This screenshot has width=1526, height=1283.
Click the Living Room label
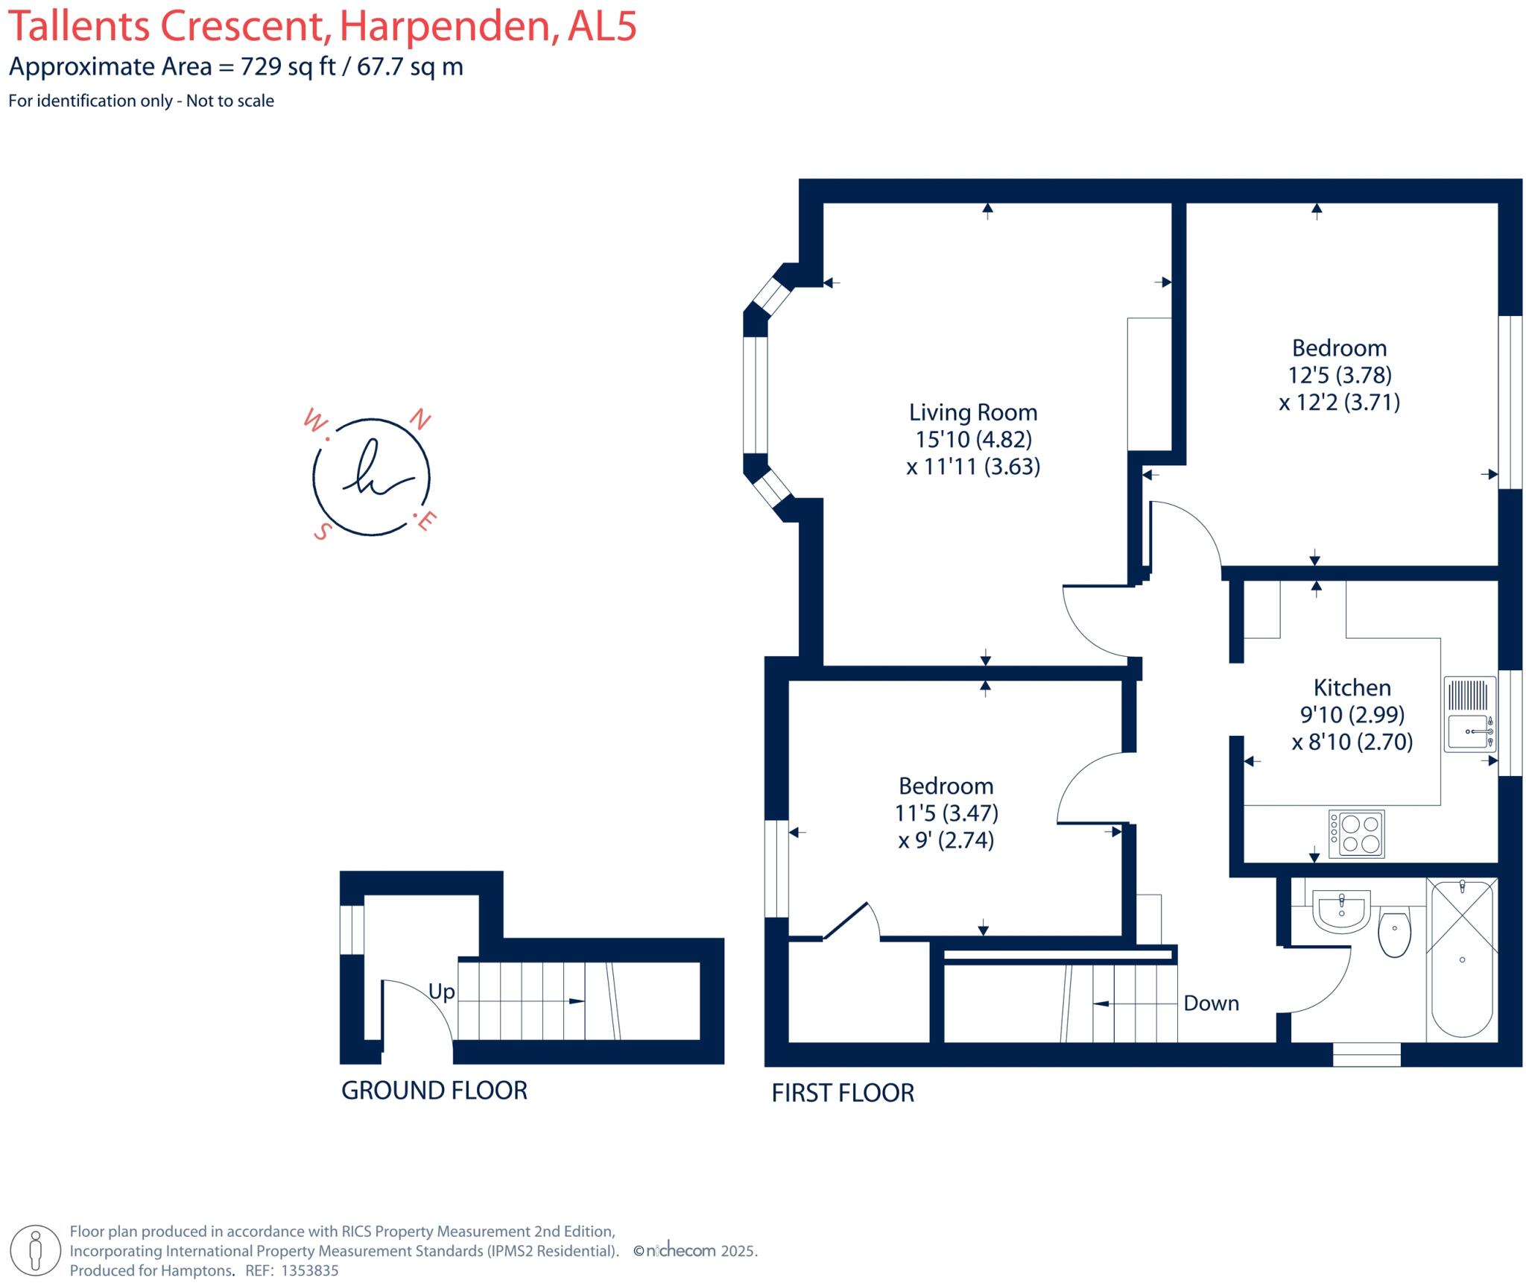point(972,412)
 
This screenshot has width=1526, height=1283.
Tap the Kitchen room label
point(1352,687)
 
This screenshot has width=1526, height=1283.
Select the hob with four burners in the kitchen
point(1361,834)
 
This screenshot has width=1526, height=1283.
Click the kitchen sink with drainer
point(1469,713)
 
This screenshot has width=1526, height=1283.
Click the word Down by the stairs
point(1211,1003)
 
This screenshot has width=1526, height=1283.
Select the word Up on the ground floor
point(441,992)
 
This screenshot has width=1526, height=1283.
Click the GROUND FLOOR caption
point(434,1091)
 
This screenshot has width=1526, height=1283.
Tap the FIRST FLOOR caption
point(842,1093)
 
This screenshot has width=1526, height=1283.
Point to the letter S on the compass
point(322,531)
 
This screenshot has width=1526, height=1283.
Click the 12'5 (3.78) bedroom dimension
point(1340,375)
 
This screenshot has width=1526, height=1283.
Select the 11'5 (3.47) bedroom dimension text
point(946,813)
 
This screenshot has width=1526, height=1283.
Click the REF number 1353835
point(309,1270)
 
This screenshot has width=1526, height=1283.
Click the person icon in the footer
point(36,1250)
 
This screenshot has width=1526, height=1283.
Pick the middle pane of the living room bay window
point(755,395)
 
